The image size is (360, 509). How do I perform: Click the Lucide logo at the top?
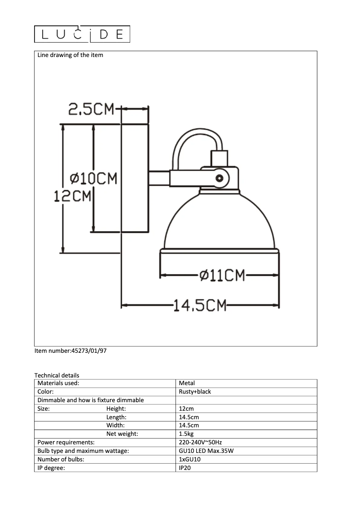tap(82, 34)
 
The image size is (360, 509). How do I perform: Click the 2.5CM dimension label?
tap(92, 109)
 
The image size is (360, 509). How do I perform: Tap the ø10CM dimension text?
tap(94, 179)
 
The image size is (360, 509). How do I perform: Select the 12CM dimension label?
tap(72, 196)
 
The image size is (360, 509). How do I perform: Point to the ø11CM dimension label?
tap(222, 275)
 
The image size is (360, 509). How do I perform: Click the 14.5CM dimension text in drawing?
tap(200, 306)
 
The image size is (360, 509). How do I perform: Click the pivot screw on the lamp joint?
tap(220, 178)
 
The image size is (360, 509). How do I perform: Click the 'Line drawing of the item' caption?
tap(70, 55)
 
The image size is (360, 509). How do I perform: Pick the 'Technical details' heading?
tap(57, 375)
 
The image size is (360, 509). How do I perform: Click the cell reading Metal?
tap(187, 383)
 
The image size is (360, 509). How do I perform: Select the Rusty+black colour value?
tap(195, 391)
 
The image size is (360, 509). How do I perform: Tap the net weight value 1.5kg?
tap(186, 434)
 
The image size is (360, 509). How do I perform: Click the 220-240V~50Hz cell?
tap(200, 443)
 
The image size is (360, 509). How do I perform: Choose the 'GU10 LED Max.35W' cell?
tap(206, 451)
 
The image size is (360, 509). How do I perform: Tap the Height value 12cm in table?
tap(186, 409)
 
